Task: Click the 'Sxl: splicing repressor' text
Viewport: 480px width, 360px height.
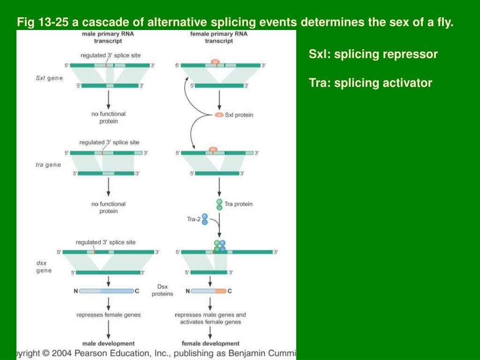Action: (x=373, y=54)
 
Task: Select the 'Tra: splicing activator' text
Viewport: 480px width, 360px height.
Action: (x=370, y=83)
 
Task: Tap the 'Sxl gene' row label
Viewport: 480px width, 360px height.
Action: (x=49, y=78)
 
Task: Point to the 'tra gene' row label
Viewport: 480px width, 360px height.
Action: (x=48, y=165)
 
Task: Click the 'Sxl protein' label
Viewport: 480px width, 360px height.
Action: (x=239, y=115)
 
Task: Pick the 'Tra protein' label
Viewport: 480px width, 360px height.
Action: (x=238, y=204)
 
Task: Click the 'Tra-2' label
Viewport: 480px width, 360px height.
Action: (x=194, y=219)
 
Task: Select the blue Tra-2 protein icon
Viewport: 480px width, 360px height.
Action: (x=205, y=219)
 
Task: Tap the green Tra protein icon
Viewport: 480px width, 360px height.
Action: (x=219, y=204)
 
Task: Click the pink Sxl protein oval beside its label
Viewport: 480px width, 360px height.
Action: (x=219, y=115)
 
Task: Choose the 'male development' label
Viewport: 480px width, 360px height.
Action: (x=108, y=344)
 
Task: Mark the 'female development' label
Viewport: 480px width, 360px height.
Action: (x=210, y=344)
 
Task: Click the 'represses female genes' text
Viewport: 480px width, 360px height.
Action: (x=108, y=315)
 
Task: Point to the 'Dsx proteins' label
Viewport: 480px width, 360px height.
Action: (x=162, y=290)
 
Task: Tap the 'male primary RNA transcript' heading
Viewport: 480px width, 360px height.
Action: (x=108, y=37)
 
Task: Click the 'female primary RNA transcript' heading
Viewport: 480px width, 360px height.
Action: (x=218, y=37)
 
